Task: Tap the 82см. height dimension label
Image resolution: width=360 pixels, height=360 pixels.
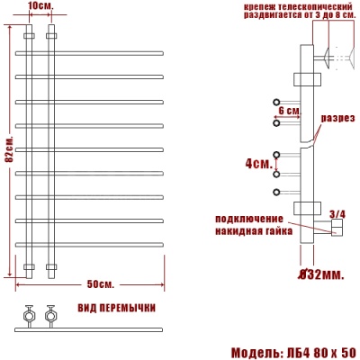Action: click(x=6, y=154)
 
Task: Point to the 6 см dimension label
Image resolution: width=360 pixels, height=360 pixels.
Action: click(x=288, y=110)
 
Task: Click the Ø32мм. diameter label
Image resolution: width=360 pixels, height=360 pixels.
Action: click(x=320, y=273)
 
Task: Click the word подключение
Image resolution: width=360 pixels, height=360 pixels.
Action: click(x=249, y=219)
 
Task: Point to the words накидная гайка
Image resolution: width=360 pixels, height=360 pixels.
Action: click(x=249, y=229)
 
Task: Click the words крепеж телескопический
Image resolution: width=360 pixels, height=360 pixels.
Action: click(x=279, y=7)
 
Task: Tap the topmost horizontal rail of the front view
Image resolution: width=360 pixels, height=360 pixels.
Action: click(x=90, y=50)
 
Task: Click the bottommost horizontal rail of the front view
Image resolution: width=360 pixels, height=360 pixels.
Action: click(x=90, y=246)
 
